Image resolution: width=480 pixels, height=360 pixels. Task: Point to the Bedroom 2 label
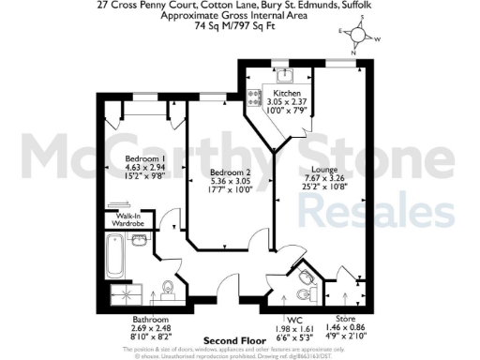(x=229, y=173)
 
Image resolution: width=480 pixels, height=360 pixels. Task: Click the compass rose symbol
(x=357, y=35)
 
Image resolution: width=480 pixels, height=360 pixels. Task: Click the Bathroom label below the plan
(x=152, y=320)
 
